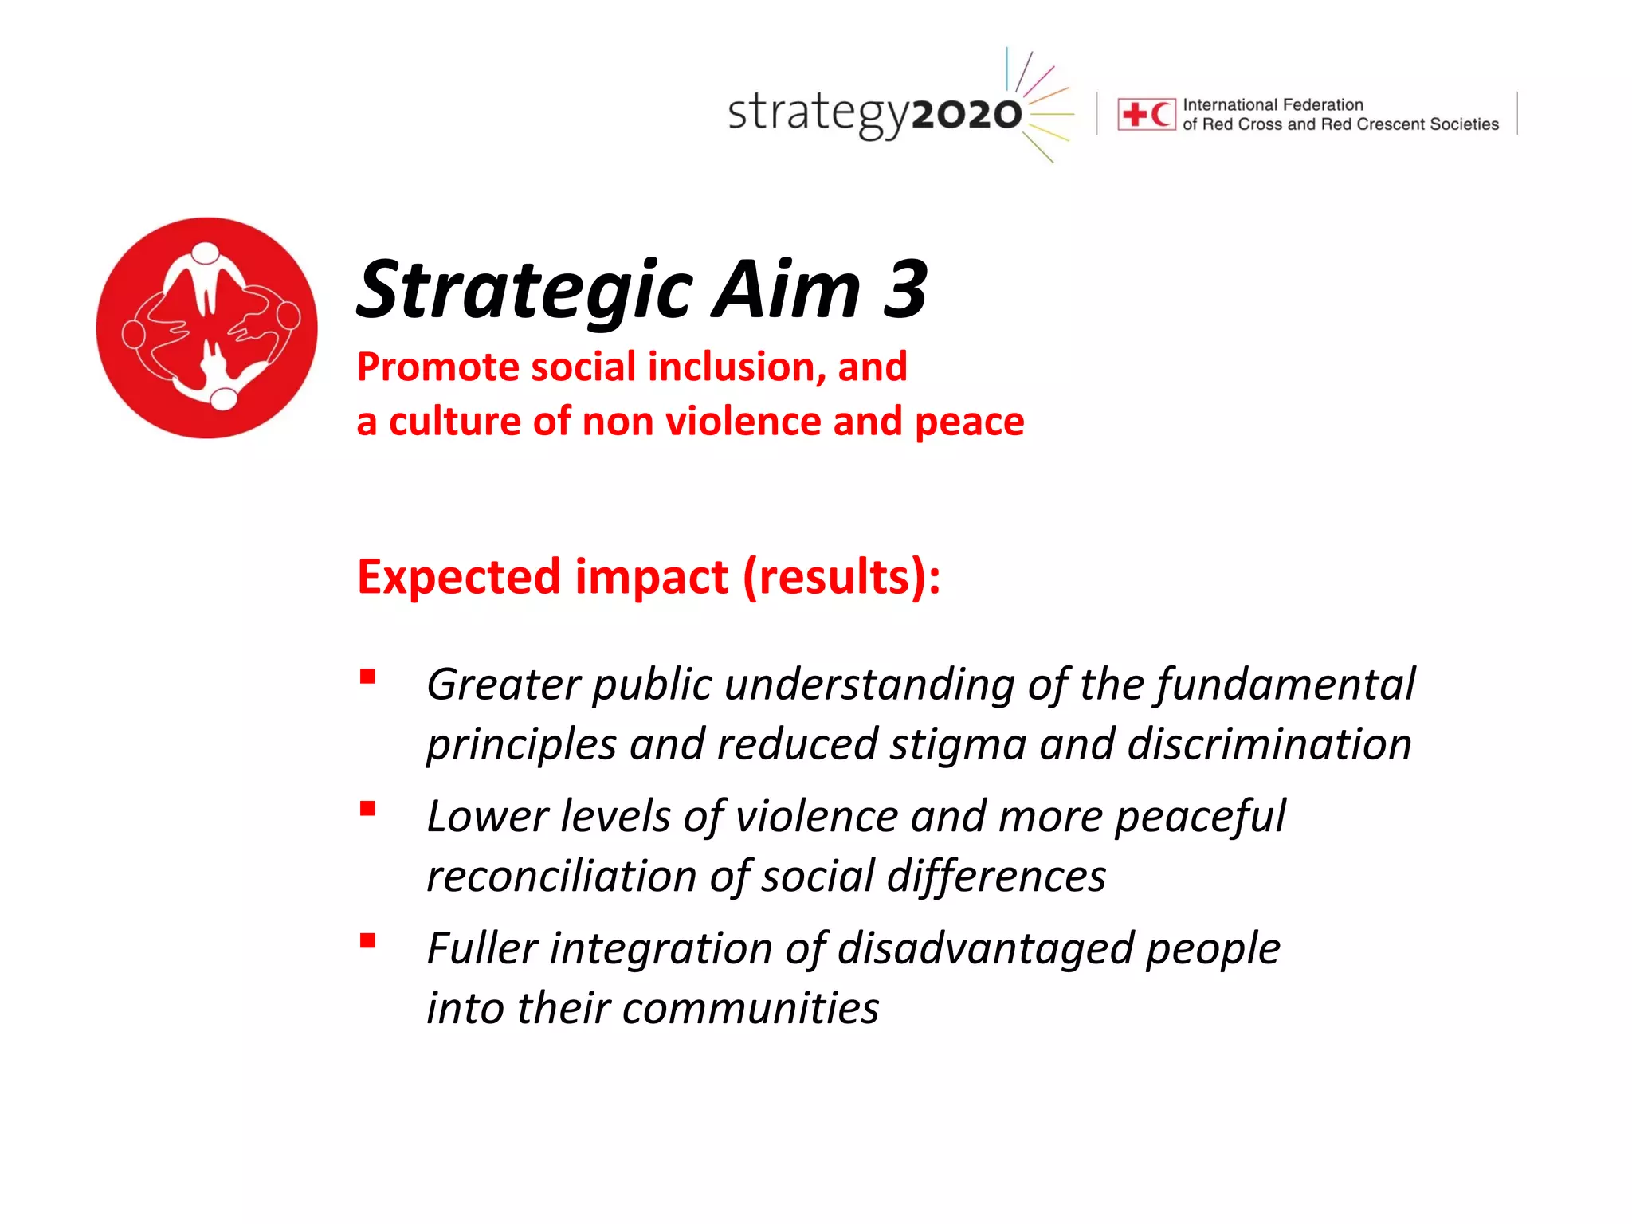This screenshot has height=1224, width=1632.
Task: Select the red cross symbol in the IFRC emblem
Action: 1134,115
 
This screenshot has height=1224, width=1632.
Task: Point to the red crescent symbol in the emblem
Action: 1161,115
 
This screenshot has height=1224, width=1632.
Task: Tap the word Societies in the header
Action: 1464,124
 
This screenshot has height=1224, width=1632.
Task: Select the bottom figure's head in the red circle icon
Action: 224,398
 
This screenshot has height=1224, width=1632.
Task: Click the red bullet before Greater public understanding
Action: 367,677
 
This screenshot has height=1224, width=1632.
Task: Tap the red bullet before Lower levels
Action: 367,810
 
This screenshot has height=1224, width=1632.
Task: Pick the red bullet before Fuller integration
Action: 367,941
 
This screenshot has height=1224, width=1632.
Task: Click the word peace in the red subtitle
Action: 969,422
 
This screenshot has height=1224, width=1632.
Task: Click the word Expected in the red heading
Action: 459,577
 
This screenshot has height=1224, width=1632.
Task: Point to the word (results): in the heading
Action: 841,577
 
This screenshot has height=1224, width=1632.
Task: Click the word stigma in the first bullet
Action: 957,745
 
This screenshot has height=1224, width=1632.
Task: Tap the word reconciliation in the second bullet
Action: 562,877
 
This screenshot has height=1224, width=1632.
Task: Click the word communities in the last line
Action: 750,1009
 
